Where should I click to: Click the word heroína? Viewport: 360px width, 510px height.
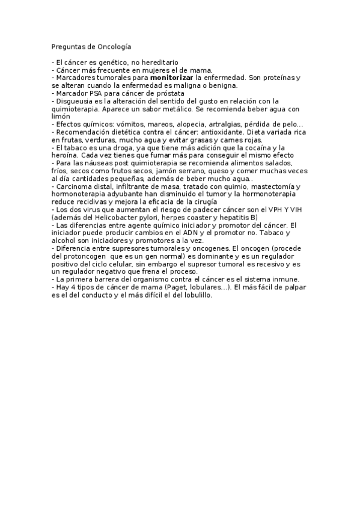tap(66, 155)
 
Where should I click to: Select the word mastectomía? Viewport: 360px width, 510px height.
tap(268, 186)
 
